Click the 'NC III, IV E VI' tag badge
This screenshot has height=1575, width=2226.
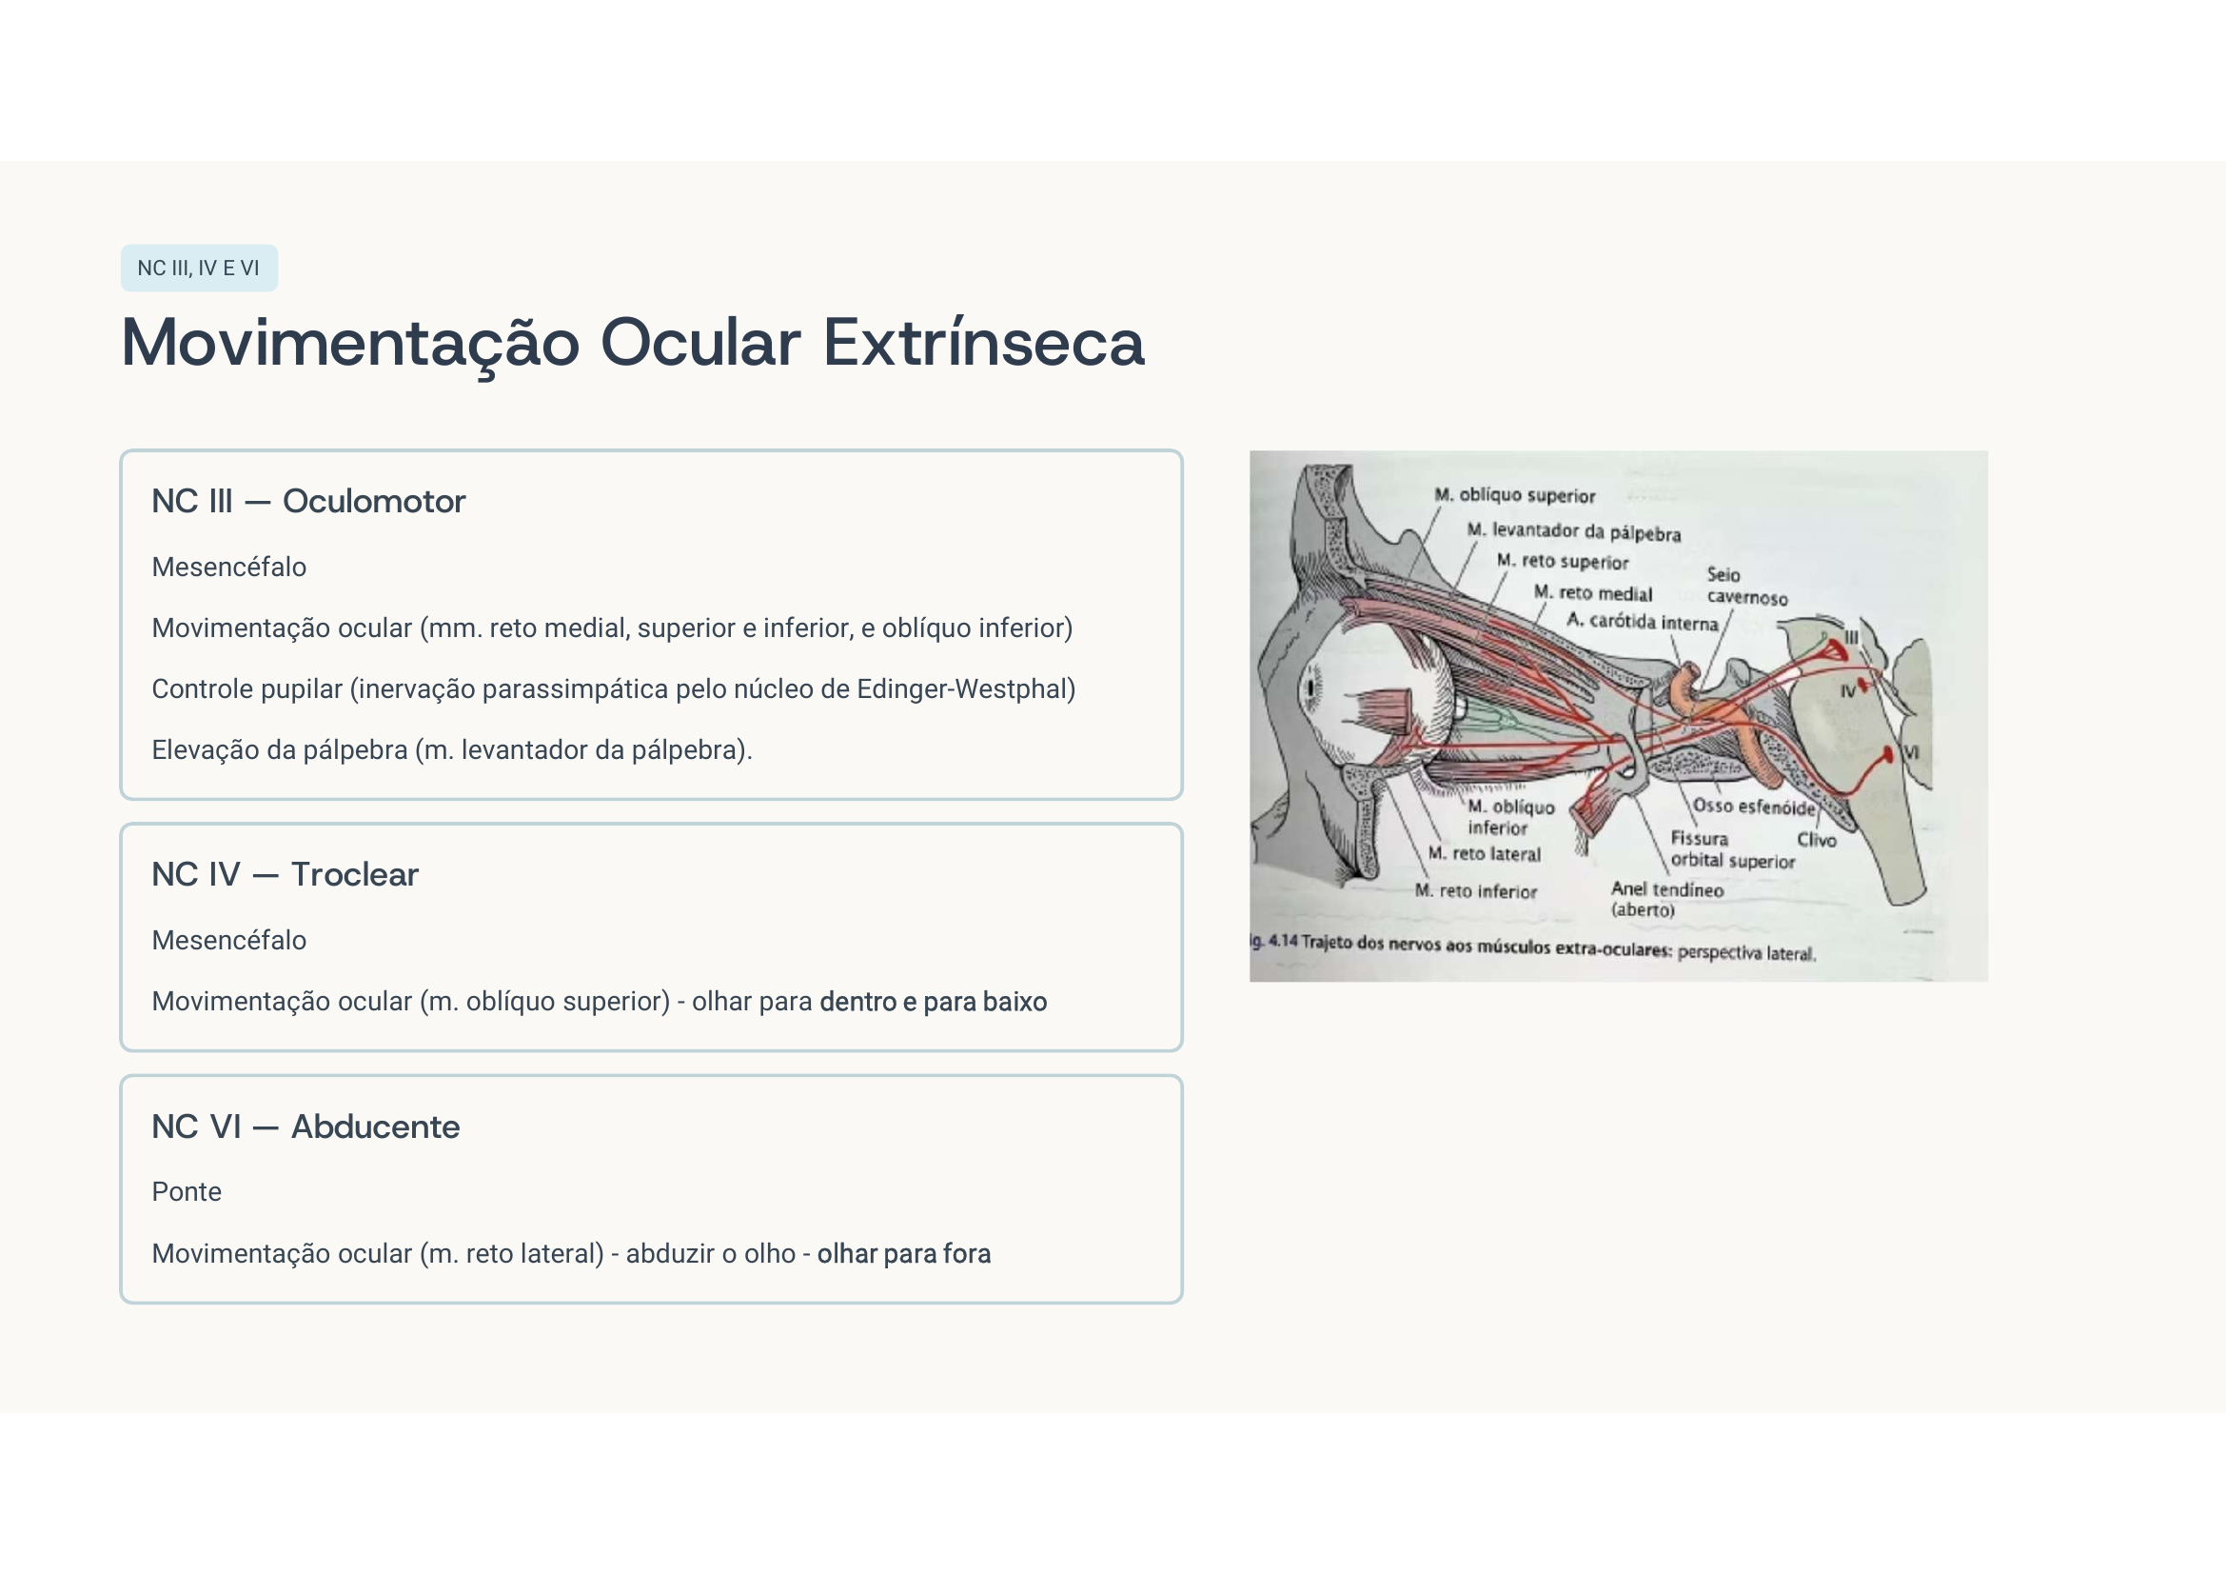coord(199,269)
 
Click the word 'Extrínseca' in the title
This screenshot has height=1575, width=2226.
coord(983,344)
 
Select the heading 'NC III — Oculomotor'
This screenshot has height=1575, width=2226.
coord(308,502)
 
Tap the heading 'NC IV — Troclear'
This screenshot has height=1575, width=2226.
coord(286,875)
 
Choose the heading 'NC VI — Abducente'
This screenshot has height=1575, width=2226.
coord(305,1126)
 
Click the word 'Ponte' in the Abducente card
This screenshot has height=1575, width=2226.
coord(187,1192)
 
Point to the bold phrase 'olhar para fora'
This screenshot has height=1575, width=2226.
coord(903,1254)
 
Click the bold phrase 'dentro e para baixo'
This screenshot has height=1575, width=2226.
coord(933,1002)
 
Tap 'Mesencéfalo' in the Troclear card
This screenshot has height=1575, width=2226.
coord(228,941)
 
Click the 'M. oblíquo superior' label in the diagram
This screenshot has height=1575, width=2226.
coord(1514,495)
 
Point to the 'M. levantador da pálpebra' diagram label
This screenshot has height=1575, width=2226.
coord(1573,531)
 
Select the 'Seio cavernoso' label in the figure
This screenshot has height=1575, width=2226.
coord(1746,587)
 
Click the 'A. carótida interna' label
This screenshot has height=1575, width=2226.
coord(1643,622)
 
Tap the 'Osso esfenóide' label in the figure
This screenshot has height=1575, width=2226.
coord(1754,807)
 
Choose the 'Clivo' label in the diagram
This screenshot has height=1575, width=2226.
coord(1816,840)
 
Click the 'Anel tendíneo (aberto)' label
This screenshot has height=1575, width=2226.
coord(1666,899)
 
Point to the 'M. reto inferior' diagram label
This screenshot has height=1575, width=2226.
coord(1476,891)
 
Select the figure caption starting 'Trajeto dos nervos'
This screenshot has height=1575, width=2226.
coord(1557,947)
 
